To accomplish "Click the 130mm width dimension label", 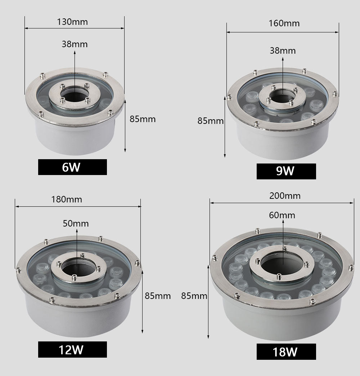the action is coord(72,22).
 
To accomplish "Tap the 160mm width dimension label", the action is coord(284,23).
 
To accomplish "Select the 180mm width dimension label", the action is coord(67,199).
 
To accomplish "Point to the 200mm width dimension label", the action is coord(285,196).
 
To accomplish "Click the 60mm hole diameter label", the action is coord(282,215).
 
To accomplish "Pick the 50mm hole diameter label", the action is coord(76,223).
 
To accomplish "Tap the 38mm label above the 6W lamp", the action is coord(75,44).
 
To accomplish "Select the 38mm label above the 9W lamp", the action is coord(283,50).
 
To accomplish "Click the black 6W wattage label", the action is coord(72,167).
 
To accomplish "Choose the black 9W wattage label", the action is coord(286,171).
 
